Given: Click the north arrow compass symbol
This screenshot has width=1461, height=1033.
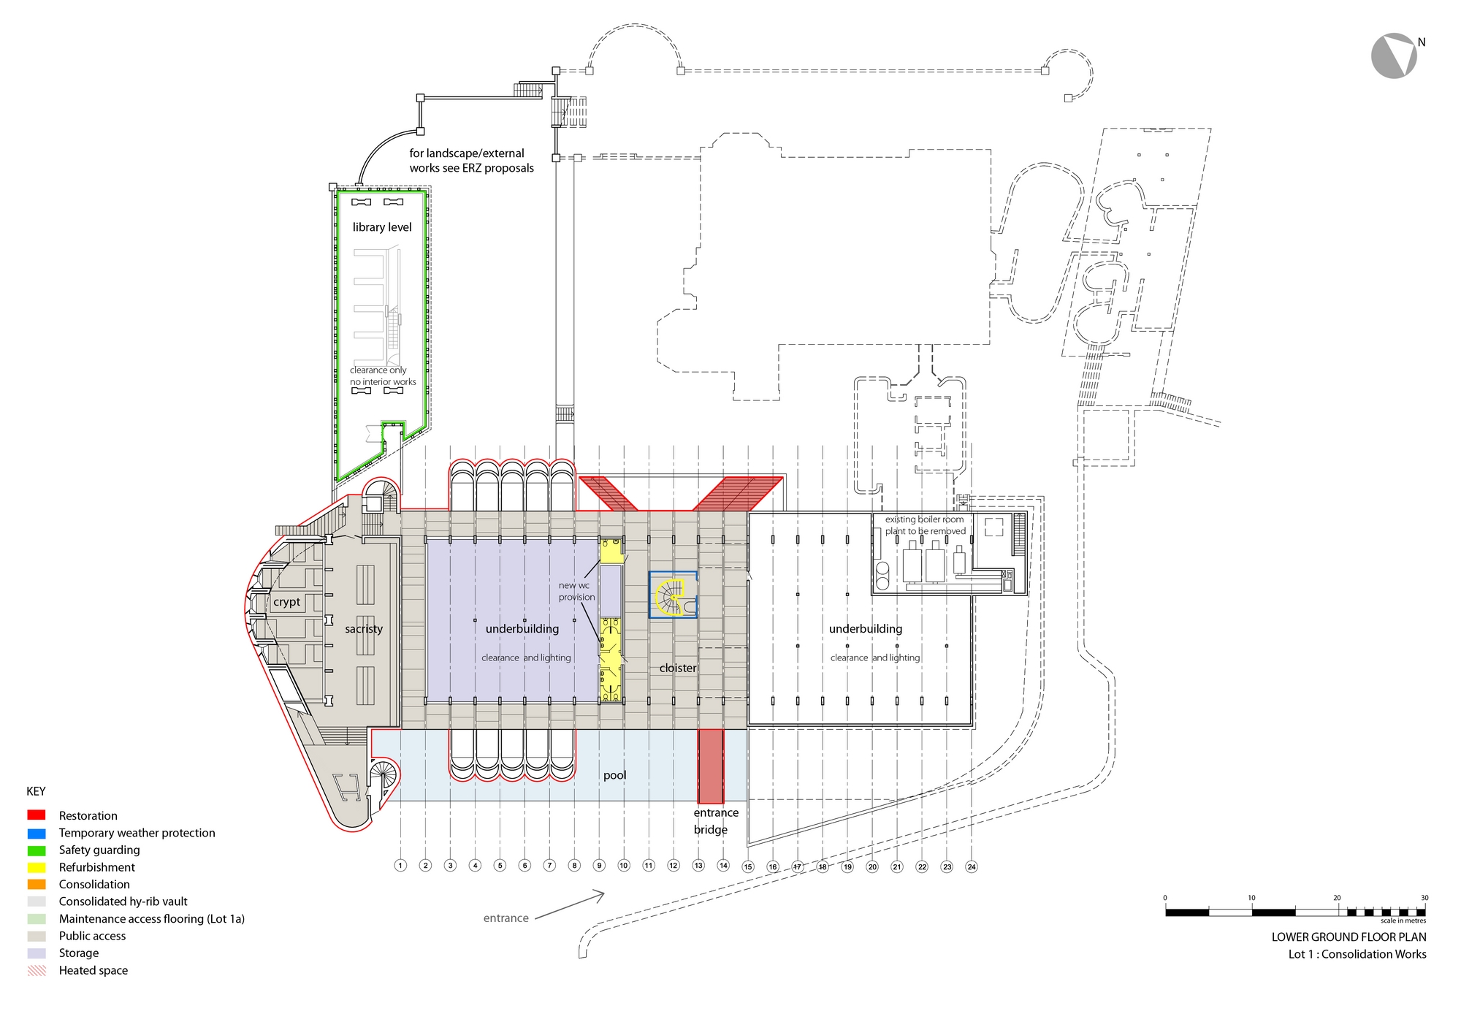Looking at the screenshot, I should (x=1394, y=56).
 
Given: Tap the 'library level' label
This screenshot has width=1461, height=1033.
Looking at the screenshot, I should (x=382, y=227).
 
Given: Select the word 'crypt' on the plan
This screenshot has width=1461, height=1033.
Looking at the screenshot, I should (x=286, y=602).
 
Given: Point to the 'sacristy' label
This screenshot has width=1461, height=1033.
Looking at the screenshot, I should (x=364, y=629).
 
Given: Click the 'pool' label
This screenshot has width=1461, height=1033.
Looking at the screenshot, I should (x=614, y=775).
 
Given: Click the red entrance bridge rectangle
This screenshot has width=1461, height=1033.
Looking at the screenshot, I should (x=711, y=766).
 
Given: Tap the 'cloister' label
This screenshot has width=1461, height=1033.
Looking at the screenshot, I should (x=678, y=668).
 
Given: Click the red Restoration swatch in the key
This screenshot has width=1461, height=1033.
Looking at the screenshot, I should (x=37, y=815).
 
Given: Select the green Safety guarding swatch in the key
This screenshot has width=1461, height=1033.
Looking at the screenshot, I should (x=37, y=850).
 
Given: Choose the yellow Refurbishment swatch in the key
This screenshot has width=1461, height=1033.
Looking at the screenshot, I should (x=37, y=867).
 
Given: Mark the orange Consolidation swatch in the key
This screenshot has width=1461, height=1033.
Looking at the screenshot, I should (x=37, y=885).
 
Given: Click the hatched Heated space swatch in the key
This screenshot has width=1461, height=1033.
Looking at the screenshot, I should (x=37, y=970).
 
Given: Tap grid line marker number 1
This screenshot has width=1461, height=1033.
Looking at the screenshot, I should (x=400, y=866).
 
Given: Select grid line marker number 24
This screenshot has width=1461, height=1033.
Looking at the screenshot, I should (x=972, y=866).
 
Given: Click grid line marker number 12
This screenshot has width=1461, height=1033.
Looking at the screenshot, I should (x=674, y=866).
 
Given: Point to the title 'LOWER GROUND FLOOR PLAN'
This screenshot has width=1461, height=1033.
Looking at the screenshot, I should (x=1349, y=937).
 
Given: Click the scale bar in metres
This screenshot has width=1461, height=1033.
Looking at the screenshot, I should (x=1294, y=912).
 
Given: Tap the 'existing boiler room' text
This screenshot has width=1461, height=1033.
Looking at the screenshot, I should (x=924, y=519).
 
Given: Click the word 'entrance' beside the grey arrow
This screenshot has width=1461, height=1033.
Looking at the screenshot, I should (x=506, y=918).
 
